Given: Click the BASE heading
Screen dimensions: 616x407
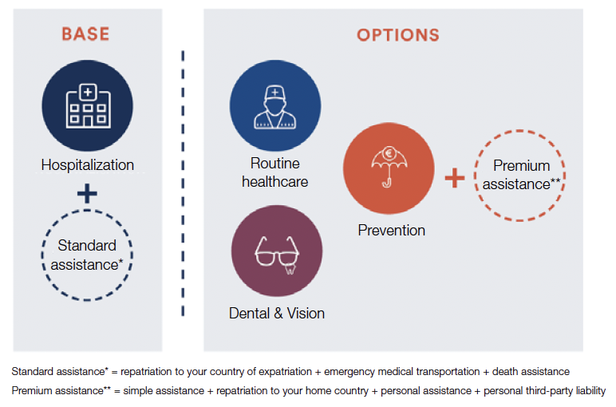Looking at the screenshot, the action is (85, 34).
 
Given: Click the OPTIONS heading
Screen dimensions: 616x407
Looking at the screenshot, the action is (398, 35).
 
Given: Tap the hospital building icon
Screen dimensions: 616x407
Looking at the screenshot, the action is (88, 105).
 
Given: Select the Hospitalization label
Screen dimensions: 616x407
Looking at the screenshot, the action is (88, 165).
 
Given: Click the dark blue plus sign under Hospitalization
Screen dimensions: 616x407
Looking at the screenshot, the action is (87, 193).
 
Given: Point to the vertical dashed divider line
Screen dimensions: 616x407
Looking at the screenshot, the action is (183, 183).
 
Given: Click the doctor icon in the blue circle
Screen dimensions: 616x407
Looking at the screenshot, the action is (275, 107).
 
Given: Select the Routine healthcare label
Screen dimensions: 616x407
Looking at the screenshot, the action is (275, 172).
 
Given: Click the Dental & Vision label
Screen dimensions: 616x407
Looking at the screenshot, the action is (277, 314).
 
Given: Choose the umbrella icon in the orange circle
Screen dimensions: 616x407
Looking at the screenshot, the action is (389, 167).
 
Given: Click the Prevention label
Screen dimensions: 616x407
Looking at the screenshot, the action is (391, 230).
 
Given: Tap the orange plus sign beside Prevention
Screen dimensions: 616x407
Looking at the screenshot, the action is (455, 178).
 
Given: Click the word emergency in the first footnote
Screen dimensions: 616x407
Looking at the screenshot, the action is (349, 372).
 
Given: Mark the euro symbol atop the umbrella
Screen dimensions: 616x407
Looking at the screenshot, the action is (389, 153).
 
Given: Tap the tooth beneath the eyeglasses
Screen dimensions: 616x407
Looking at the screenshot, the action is (290, 269).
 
